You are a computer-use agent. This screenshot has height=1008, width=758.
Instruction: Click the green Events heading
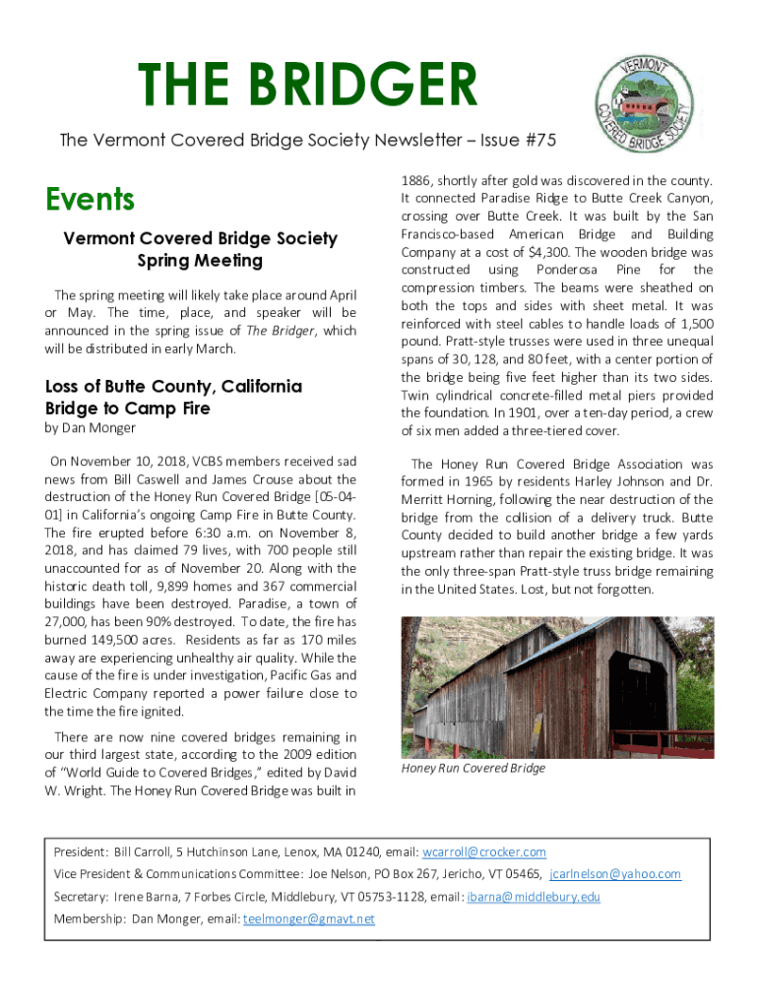[90, 200]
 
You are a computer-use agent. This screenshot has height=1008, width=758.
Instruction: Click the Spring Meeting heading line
[200, 261]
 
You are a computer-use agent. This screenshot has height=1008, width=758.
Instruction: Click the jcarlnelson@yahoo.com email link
[614, 874]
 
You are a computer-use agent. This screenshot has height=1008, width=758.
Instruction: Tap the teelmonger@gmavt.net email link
[309, 919]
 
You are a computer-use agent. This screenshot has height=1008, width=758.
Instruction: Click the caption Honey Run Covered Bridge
[473, 768]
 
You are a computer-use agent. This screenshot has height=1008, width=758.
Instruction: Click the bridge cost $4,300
[518, 252]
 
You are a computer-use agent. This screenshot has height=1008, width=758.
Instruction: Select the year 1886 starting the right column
[417, 180]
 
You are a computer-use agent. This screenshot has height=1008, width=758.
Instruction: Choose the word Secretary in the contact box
[80, 897]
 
